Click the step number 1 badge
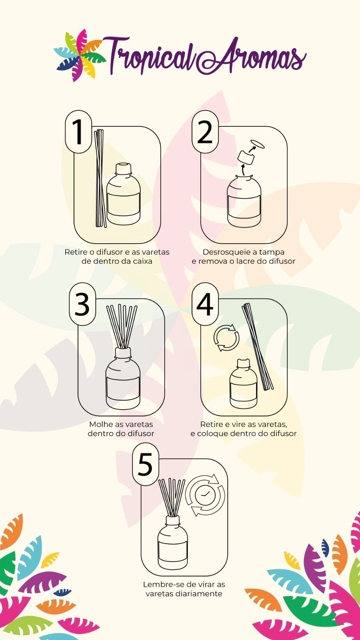click(x=78, y=132)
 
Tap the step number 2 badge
click(x=204, y=132)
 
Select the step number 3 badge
click(x=82, y=304)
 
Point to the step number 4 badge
click(x=204, y=304)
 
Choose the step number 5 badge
click(x=145, y=464)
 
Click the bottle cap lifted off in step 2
click(x=246, y=158)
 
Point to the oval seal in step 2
click(x=258, y=144)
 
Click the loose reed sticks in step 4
click(x=258, y=347)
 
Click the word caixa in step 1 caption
click(x=142, y=261)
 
